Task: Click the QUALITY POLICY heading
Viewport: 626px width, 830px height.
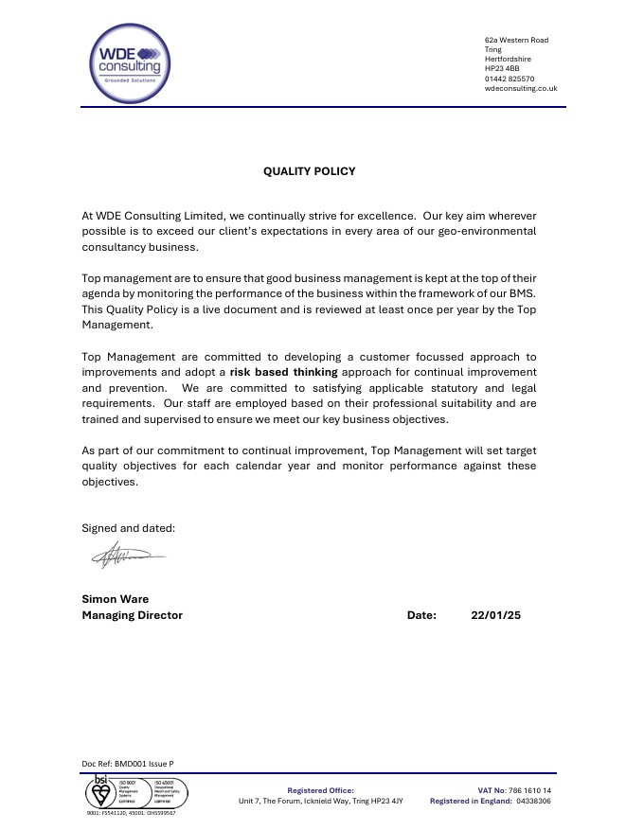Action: (309, 171)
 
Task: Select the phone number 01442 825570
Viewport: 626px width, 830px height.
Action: (509, 79)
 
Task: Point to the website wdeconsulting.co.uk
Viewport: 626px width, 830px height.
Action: (520, 89)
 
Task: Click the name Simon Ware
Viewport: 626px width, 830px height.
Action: (116, 599)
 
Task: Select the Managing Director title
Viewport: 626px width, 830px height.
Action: (133, 615)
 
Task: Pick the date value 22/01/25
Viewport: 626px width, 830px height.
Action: (495, 615)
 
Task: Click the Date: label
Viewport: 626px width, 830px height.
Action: (421, 615)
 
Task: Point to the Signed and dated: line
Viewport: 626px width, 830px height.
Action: (129, 528)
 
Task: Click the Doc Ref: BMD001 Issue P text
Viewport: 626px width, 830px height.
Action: (128, 763)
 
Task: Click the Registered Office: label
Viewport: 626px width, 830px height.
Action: (320, 789)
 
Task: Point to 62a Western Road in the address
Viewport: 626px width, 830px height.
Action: (516, 40)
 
